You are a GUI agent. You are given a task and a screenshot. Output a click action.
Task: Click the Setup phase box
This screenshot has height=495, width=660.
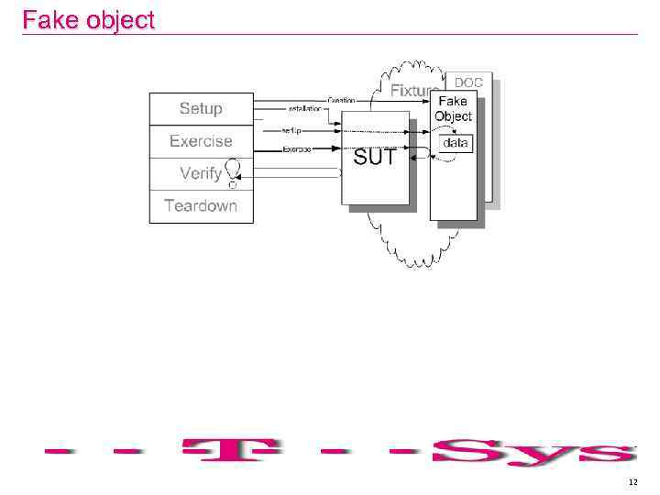201,109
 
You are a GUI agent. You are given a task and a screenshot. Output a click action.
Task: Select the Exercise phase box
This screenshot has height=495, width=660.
201,141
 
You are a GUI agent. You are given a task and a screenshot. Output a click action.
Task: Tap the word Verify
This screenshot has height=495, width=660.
201,173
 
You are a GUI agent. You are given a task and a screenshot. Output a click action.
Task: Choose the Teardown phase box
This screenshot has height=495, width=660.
201,205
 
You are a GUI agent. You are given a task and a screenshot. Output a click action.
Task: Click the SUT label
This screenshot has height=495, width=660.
374,158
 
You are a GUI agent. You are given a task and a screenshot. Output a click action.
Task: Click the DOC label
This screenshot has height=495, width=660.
468,82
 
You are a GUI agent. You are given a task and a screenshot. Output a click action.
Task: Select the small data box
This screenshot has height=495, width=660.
456,143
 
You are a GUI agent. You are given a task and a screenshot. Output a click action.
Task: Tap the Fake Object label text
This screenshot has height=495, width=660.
453,108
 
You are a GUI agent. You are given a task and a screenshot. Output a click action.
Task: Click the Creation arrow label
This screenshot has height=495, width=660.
342,99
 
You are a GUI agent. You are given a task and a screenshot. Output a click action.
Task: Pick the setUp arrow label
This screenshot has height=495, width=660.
291,131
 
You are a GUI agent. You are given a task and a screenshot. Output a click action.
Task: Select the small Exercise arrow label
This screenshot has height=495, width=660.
296,148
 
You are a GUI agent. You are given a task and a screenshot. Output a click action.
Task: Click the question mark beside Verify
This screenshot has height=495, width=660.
235,173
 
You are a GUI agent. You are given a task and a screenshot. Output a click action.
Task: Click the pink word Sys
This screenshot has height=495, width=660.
533,452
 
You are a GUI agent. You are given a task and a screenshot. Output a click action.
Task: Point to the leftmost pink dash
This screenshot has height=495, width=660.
63,450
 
